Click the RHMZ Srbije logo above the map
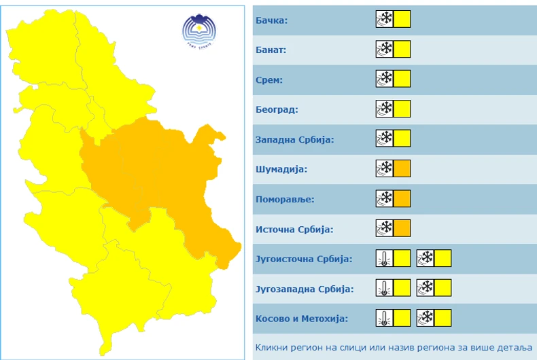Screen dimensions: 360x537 coord(199,30)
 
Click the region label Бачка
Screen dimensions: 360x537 coord(271,20)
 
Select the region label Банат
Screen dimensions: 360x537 coord(271,50)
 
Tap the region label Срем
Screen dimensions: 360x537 coord(269,80)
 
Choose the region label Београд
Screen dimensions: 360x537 coord(277,109)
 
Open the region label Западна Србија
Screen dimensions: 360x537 coord(295,139)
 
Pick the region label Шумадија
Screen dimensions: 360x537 coord(281,169)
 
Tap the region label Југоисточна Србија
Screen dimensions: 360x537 coord(303,259)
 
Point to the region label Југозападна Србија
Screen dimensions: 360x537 coord(305,289)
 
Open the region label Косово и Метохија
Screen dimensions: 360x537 coord(301,319)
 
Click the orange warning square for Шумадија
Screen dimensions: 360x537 coord(402,168)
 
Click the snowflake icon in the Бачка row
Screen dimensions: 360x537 coord(385,19)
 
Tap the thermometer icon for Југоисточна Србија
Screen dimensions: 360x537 coord(385,258)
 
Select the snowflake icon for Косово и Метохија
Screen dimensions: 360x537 coord(426,318)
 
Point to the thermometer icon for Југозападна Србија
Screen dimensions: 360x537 coord(385,288)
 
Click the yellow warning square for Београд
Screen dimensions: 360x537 coord(402,109)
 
